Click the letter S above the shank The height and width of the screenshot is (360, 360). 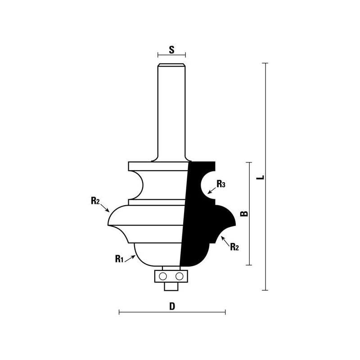[171, 49]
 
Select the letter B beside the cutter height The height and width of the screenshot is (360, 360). [244, 213]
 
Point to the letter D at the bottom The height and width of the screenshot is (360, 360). [172, 306]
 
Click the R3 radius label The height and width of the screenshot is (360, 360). [221, 184]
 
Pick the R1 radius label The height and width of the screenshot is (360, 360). [119, 259]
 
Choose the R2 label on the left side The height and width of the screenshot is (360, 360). [95, 200]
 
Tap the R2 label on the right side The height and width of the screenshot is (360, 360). [234, 247]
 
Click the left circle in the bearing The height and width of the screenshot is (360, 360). [163, 276]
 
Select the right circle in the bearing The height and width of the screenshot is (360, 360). [179, 276]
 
